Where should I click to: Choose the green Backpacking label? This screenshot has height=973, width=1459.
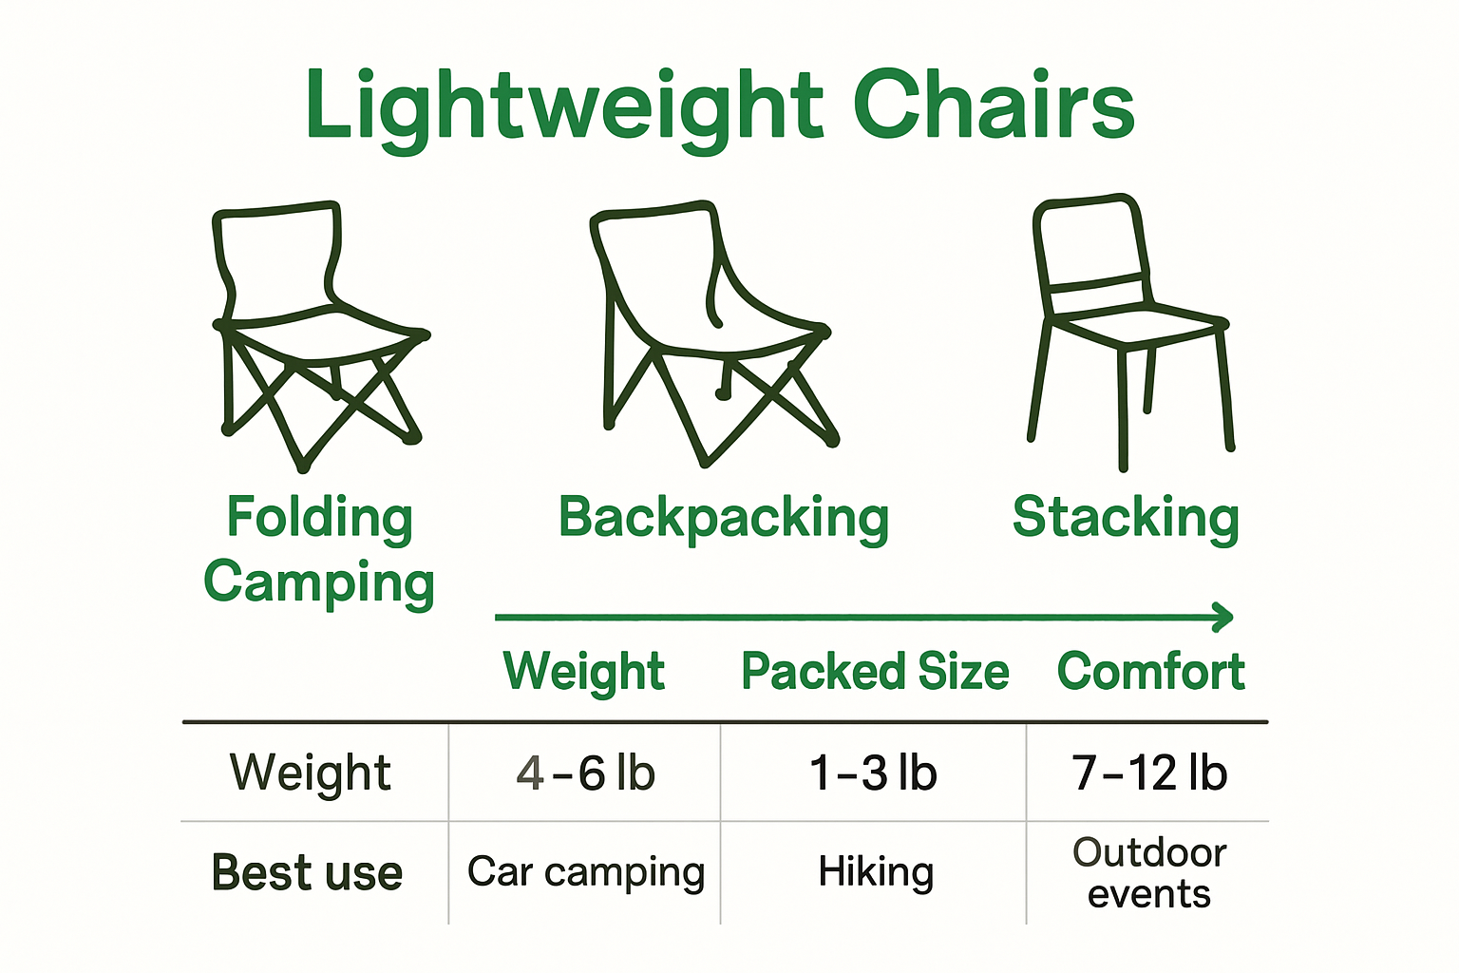(724, 519)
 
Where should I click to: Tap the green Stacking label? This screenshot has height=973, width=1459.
(1126, 518)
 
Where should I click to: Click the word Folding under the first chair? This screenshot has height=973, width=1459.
(319, 519)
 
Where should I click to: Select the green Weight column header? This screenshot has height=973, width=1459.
(583, 672)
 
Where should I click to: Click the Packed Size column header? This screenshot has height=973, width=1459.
(874, 672)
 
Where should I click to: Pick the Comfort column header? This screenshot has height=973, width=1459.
(1150, 672)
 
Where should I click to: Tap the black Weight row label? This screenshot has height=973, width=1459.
(310, 773)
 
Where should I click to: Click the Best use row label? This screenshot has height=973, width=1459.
(307, 872)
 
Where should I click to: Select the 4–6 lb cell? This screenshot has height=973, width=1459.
(585, 773)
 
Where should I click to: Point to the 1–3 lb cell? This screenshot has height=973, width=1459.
(873, 773)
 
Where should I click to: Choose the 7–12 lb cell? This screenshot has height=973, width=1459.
(1149, 773)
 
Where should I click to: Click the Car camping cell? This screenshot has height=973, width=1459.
(585, 872)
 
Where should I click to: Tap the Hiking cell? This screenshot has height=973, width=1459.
(876, 872)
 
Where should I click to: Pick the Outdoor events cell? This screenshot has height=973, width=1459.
(1149, 873)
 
